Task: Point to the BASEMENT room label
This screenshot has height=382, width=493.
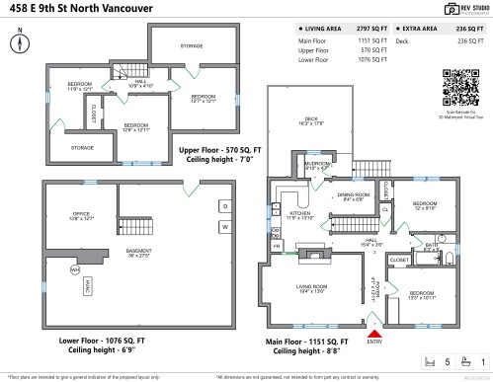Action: (139, 252)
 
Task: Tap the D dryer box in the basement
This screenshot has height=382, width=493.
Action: (223, 205)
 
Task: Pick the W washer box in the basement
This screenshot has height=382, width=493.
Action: (223, 227)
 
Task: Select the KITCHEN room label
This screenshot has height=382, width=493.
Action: (300, 213)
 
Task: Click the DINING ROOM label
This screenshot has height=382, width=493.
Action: (352, 194)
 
